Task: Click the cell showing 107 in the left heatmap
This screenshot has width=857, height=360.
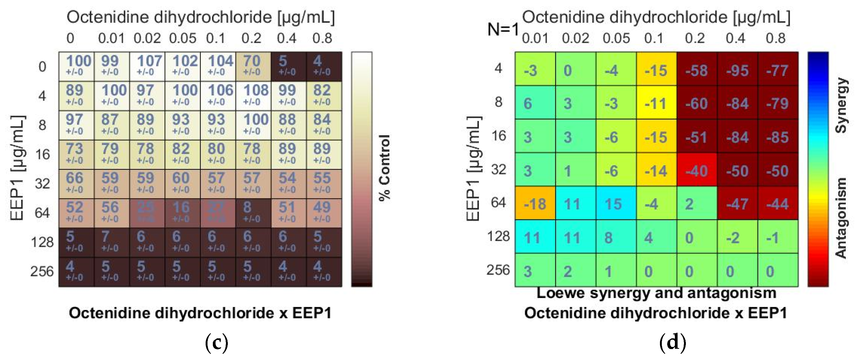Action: [147, 66]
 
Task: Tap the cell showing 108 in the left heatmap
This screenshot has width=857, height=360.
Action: [253, 95]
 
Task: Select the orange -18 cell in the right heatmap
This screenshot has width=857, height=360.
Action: [535, 203]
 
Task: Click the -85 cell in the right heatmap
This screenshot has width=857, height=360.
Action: [778, 136]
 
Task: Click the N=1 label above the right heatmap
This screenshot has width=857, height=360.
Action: [503, 30]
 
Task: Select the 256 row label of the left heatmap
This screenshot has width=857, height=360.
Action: [42, 271]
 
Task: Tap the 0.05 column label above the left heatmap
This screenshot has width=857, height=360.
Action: [183, 38]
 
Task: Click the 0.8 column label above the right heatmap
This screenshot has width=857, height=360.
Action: [775, 38]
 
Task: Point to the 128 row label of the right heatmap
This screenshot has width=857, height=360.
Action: [498, 236]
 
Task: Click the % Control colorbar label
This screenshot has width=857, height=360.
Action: [385, 168]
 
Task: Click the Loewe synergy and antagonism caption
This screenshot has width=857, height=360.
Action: [656, 293]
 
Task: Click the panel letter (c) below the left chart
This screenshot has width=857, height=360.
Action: [217, 343]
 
